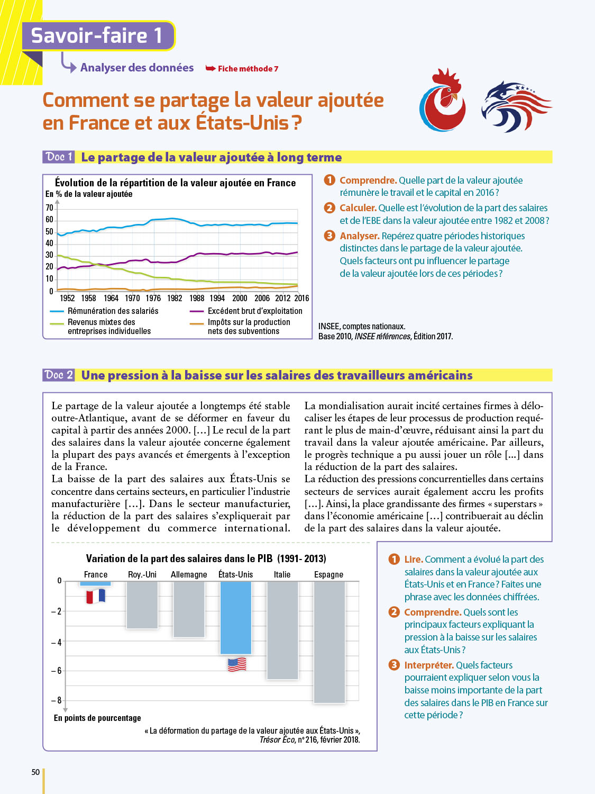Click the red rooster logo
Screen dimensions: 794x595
click(x=443, y=101)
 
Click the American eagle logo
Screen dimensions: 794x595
click(x=515, y=105)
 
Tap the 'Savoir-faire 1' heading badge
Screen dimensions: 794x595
click(x=97, y=35)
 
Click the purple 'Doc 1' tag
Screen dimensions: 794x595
click(x=59, y=157)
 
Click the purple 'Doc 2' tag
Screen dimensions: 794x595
click(x=59, y=375)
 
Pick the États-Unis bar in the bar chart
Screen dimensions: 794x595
click(x=235, y=617)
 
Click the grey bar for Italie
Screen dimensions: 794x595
click(x=282, y=630)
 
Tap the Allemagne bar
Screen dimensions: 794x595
click(x=189, y=609)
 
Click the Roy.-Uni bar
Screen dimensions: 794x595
click(x=142, y=604)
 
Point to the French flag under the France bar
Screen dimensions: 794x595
click(x=96, y=597)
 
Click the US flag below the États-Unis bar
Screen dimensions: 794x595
click(x=237, y=664)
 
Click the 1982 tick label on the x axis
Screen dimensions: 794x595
click(x=175, y=298)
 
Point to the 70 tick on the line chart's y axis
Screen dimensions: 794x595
click(x=49, y=207)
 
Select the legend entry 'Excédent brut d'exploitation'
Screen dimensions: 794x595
click(x=255, y=311)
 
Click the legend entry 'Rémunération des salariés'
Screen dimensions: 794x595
click(x=113, y=311)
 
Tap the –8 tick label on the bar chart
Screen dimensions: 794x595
click(x=57, y=700)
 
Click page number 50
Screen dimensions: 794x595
click(x=35, y=772)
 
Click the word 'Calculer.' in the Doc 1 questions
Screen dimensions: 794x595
click(x=358, y=208)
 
